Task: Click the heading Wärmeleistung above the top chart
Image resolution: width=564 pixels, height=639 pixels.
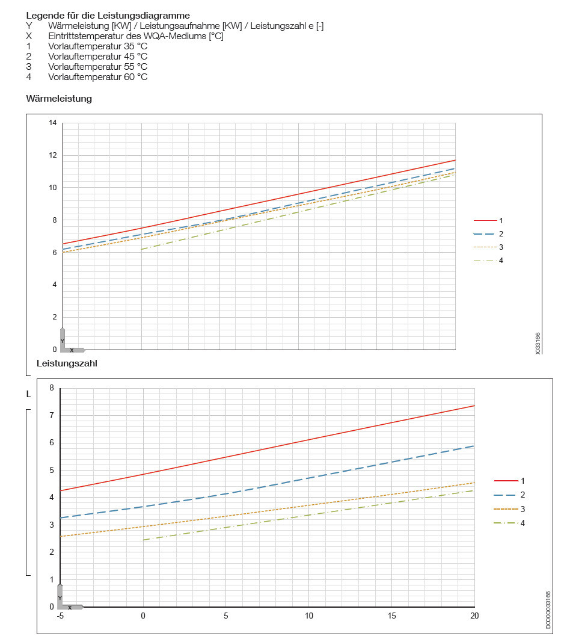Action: click(x=59, y=99)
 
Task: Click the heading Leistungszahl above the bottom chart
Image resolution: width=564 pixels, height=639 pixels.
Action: click(x=67, y=363)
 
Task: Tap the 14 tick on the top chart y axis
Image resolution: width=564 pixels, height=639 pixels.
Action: click(x=52, y=123)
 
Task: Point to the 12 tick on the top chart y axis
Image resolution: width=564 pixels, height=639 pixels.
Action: click(x=52, y=156)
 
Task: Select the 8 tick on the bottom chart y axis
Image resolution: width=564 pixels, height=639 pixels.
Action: click(x=51, y=388)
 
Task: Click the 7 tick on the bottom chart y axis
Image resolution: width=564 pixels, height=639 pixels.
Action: click(x=51, y=415)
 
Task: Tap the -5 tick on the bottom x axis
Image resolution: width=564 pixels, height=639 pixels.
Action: click(x=60, y=616)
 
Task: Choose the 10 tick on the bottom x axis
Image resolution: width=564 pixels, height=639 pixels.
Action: click(x=309, y=616)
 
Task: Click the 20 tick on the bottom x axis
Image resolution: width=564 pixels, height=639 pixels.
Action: click(x=474, y=616)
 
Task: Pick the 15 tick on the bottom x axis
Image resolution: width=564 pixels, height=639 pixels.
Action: click(x=391, y=616)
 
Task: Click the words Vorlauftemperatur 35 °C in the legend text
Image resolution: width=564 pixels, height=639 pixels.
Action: click(x=97, y=46)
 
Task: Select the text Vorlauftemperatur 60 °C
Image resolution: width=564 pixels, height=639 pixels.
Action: click(x=97, y=77)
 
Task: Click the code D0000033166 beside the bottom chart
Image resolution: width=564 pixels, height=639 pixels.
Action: click(x=547, y=610)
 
